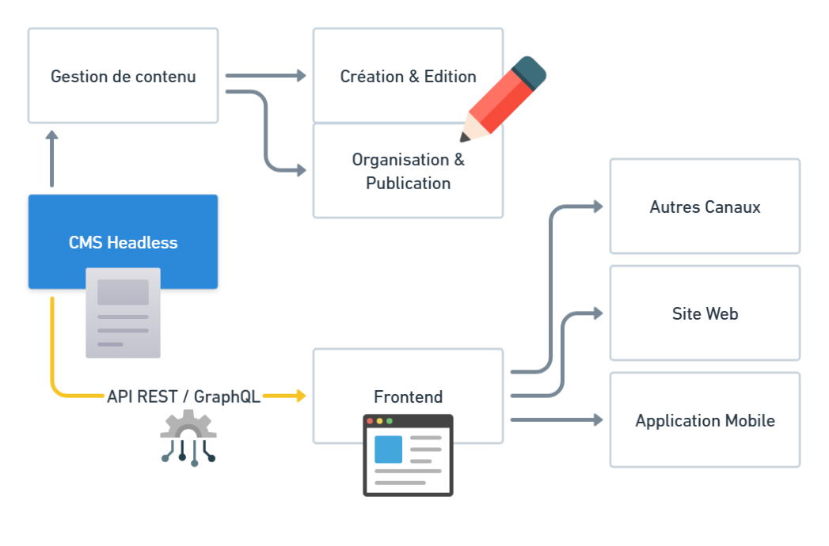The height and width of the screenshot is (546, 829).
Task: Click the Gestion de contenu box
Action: (x=123, y=76)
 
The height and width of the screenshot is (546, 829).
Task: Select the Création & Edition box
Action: (x=408, y=76)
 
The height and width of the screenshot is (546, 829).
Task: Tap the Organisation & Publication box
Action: (x=408, y=171)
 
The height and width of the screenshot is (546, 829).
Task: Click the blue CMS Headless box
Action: (x=123, y=242)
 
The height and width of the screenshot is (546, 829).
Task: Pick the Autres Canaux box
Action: (x=705, y=207)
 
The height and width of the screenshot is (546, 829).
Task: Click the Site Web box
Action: (x=705, y=313)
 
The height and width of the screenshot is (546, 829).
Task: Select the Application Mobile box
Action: (x=705, y=420)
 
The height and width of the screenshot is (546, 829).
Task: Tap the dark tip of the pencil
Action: (x=465, y=138)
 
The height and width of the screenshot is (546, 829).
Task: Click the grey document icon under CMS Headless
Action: (x=123, y=323)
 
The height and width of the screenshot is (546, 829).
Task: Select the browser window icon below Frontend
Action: (x=408, y=453)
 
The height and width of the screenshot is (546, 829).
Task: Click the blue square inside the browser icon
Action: (x=388, y=449)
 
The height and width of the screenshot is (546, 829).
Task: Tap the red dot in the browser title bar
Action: (x=370, y=421)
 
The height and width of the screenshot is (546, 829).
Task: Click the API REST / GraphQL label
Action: (x=184, y=396)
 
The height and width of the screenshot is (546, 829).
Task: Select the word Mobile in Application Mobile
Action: (x=747, y=420)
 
